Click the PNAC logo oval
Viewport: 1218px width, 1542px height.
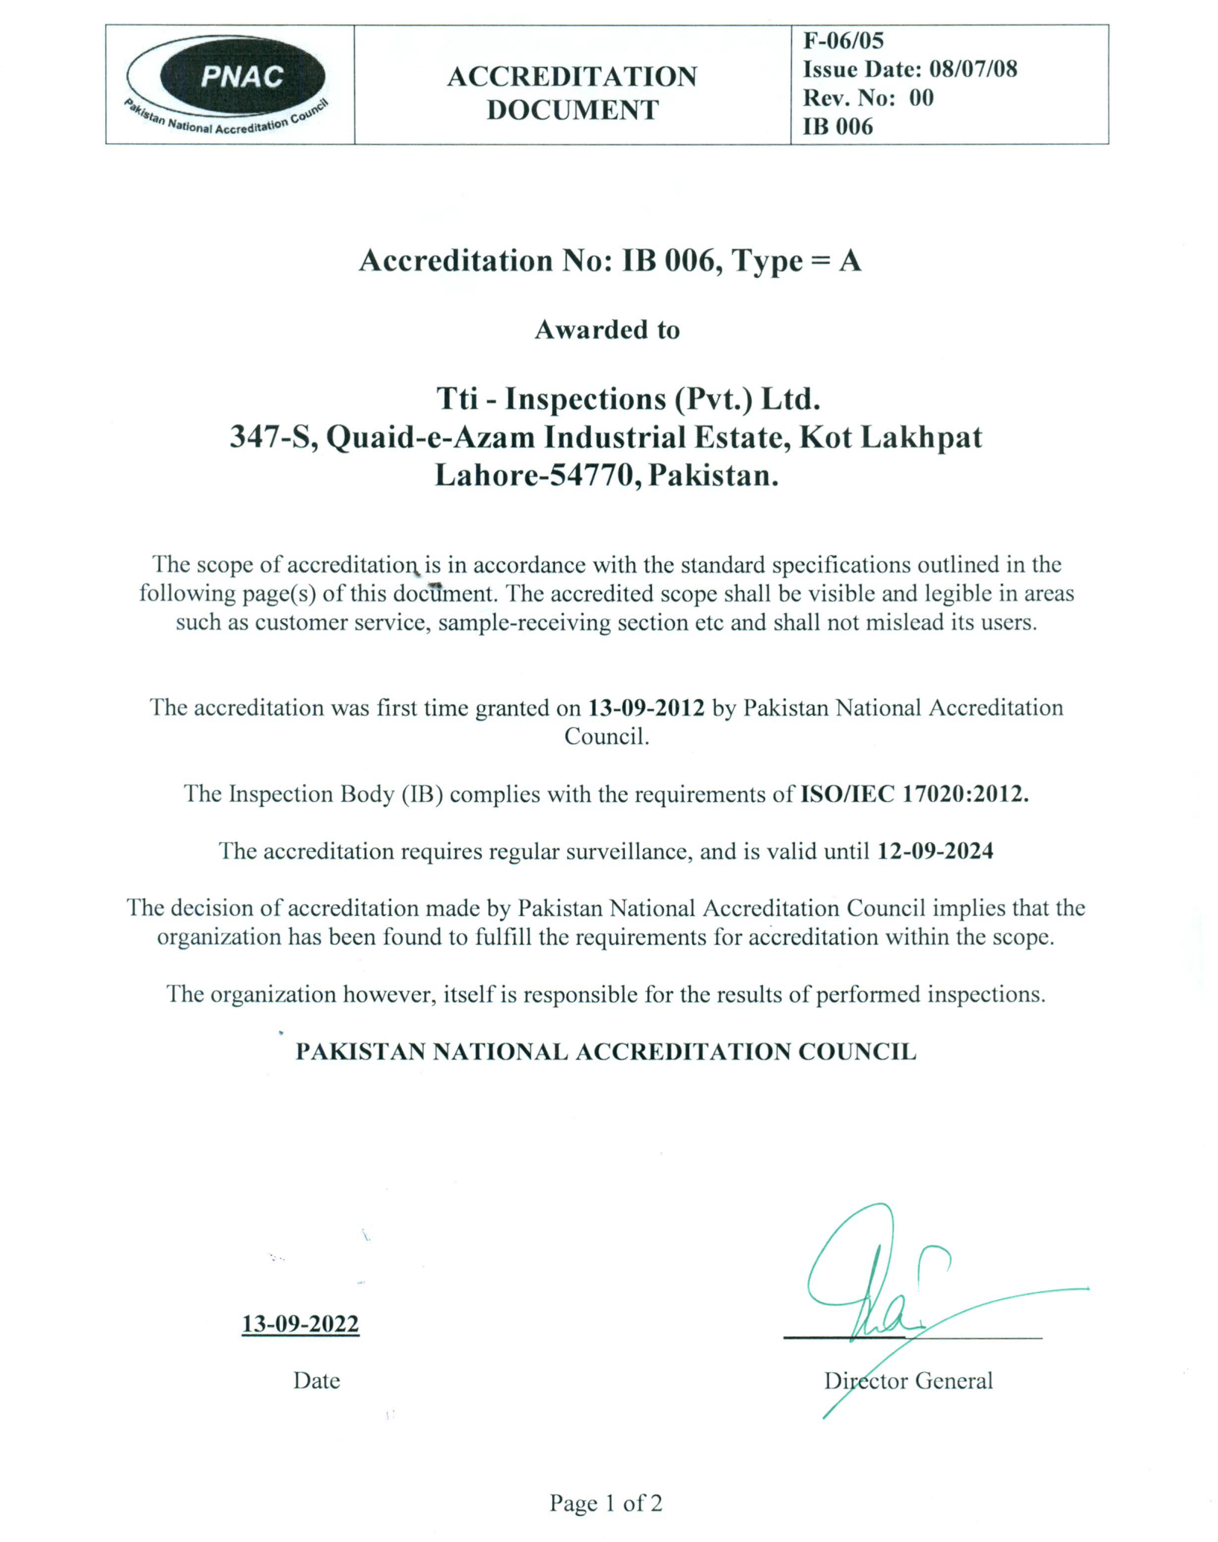[242, 76]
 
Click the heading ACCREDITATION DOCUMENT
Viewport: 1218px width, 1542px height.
[571, 93]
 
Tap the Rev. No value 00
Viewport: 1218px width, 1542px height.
[921, 98]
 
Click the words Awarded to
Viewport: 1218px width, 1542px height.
[607, 329]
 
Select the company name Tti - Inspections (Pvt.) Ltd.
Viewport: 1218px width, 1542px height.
[628, 399]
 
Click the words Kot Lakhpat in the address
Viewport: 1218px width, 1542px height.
[891, 437]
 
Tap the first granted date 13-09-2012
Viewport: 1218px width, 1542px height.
[646, 707]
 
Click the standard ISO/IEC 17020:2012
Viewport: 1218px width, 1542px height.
[914, 794]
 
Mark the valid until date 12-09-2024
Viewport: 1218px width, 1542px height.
[935, 851]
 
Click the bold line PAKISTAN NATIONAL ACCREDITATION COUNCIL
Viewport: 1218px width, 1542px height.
[606, 1052]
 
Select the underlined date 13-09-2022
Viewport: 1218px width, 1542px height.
[300, 1324]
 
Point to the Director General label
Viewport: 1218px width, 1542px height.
[908, 1381]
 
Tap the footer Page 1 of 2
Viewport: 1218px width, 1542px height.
[606, 1503]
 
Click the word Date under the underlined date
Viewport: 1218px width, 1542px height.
[317, 1380]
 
